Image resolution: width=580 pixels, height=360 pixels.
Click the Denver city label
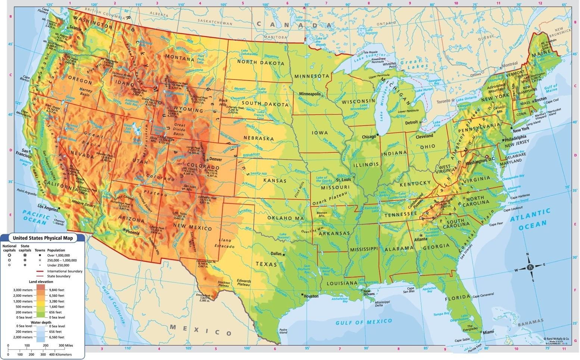(215, 159)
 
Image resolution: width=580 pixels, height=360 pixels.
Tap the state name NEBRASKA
(259, 138)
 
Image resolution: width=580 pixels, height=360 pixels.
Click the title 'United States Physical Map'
(43, 238)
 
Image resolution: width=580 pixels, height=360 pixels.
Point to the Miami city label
(488, 332)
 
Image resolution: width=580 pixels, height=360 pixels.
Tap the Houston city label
(311, 296)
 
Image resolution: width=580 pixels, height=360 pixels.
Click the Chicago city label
(369, 137)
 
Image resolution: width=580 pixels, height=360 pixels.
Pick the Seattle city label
(75, 28)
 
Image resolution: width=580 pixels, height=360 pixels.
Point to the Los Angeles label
(48, 206)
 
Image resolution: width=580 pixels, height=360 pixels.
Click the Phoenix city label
(132, 232)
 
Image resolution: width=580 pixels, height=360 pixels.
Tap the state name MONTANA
(180, 58)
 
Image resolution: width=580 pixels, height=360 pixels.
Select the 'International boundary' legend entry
(65, 271)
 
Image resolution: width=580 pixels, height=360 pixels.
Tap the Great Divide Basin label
(179, 130)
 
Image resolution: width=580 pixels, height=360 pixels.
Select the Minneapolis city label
(309, 94)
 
